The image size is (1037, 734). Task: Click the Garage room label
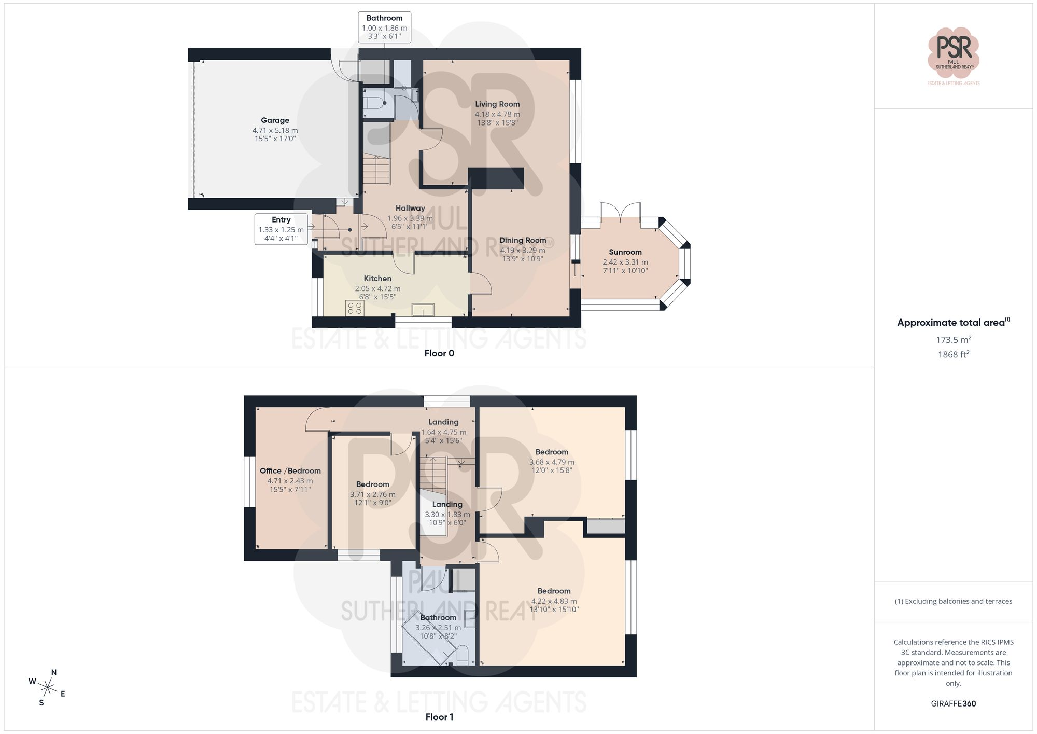[275, 120]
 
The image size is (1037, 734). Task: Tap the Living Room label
[497, 104]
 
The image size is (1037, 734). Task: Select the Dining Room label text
[523, 241]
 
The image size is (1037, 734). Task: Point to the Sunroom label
[625, 252]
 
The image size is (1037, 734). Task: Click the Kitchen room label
[377, 279]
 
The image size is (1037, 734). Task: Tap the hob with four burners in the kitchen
[355, 308]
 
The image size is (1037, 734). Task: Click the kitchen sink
[423, 310]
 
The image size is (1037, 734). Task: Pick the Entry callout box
[281, 229]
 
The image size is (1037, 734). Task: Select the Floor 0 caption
[439, 353]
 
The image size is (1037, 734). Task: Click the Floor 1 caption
[439, 717]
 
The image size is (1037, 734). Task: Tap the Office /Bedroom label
[290, 471]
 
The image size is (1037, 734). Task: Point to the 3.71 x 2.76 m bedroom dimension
[372, 494]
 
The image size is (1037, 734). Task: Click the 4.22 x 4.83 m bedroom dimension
[554, 601]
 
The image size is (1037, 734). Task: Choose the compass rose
[48, 688]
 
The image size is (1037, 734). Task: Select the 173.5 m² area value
[954, 340]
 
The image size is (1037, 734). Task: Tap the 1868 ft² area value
[954, 355]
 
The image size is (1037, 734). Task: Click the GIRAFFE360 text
[954, 704]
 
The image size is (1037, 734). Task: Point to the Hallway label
[410, 209]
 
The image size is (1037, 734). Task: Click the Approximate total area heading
[954, 323]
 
